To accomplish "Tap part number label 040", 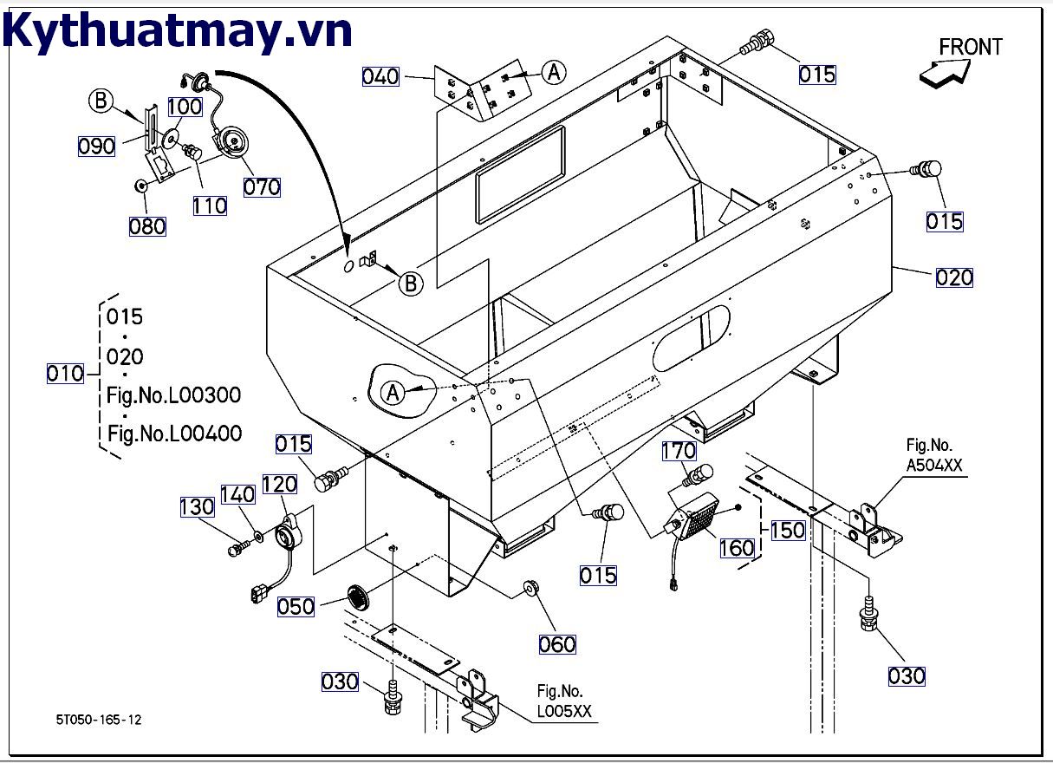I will [x=380, y=77].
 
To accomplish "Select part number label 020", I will [x=954, y=278].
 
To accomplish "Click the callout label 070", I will [x=262, y=186].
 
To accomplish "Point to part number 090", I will [x=96, y=147].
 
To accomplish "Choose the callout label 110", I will [x=211, y=206].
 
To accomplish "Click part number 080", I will [x=146, y=226].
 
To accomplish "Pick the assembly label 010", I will [x=65, y=375].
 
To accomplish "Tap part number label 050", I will [x=296, y=606].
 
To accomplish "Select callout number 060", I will [x=557, y=644].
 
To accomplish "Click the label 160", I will [x=737, y=548].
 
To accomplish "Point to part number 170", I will [x=679, y=451].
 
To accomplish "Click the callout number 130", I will [x=197, y=506].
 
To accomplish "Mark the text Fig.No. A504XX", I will [x=933, y=456].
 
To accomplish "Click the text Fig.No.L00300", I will [x=174, y=395].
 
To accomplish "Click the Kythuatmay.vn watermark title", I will [x=178, y=30].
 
